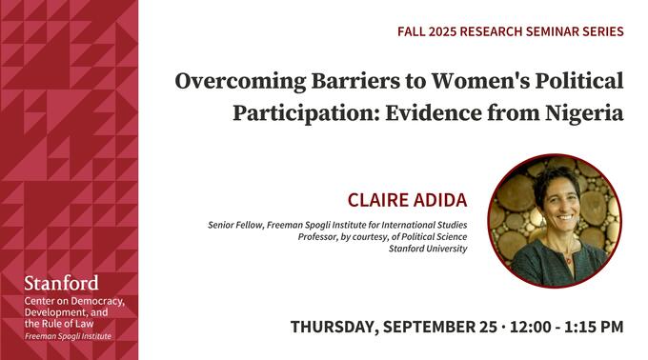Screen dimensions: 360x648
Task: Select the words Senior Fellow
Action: coord(236,225)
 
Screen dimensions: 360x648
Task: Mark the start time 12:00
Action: coord(529,327)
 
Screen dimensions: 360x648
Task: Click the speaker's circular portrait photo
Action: coord(554,221)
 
